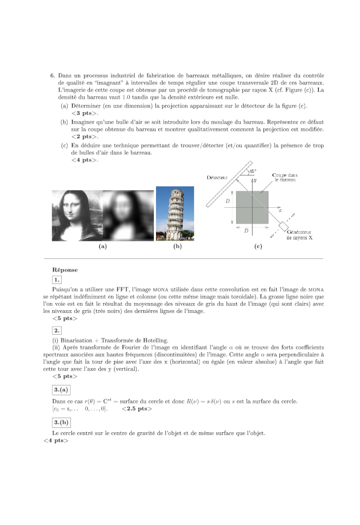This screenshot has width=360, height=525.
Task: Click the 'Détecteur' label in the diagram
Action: coord(217,178)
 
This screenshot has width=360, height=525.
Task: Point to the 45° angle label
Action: coord(252,171)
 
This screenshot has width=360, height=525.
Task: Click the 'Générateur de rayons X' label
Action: coord(299,235)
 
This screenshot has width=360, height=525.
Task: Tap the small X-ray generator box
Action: coord(284,225)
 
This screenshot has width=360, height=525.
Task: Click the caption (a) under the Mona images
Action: coord(101,246)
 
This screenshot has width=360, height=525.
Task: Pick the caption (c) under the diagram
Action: coord(258,246)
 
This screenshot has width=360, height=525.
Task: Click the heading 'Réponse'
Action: coord(64,269)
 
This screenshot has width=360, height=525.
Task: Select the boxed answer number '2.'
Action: coord(57,330)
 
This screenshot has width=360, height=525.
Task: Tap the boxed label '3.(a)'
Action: coord(61,390)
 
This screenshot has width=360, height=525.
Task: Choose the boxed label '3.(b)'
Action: coord(61,422)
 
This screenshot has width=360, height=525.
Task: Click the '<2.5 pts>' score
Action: coord(136,408)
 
